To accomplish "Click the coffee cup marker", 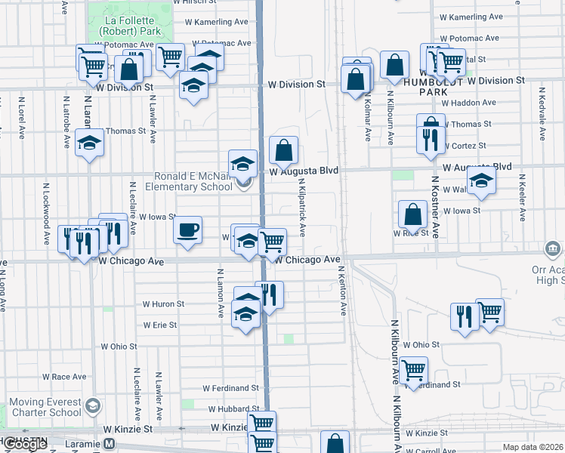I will pyautogui.click(x=188, y=230).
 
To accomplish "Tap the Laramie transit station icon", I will pyautogui.click(x=109, y=444).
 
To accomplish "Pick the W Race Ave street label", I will pyautogui.click(x=64, y=376).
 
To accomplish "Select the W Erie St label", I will pyautogui.click(x=159, y=325).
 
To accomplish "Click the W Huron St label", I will pyautogui.click(x=163, y=304).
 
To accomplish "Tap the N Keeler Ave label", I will pyautogui.click(x=521, y=199).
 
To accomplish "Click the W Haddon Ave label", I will pyautogui.click(x=468, y=103).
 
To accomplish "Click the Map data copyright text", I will pyautogui.click(x=533, y=447).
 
